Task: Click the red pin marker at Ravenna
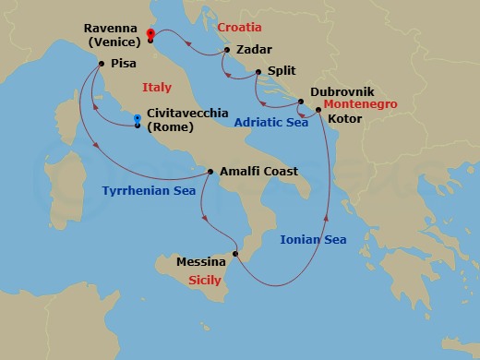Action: (x=150, y=35)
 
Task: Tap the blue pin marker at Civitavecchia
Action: (x=137, y=119)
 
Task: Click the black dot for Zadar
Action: (x=226, y=51)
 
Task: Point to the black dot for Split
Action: (x=258, y=72)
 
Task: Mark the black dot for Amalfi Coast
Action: (x=210, y=172)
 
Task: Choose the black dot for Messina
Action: (x=235, y=254)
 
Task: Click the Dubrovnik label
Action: (x=342, y=92)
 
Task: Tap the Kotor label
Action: (x=346, y=119)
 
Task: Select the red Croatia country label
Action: (x=240, y=28)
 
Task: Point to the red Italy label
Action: (x=157, y=88)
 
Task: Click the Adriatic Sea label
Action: (x=270, y=122)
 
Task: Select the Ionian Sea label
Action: (x=313, y=240)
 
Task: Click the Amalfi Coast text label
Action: (x=258, y=172)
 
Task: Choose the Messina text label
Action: (x=202, y=263)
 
